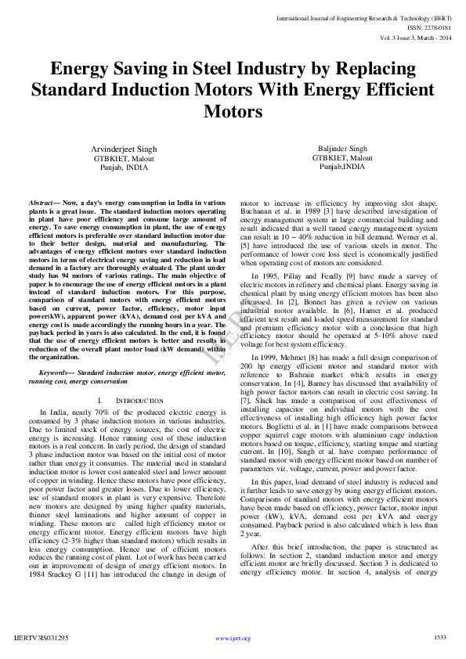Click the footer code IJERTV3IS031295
click(42, 638)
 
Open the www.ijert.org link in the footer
click(233, 638)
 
